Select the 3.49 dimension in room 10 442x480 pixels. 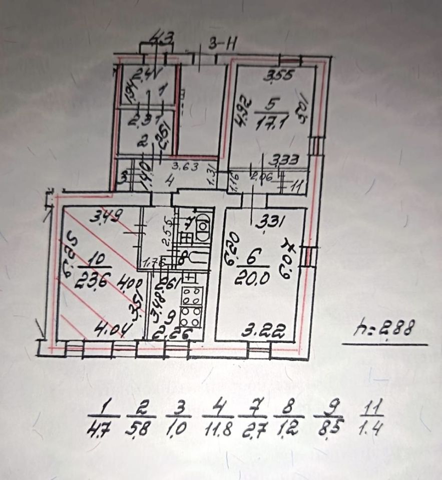[107, 218]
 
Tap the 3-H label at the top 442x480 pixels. [223, 44]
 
